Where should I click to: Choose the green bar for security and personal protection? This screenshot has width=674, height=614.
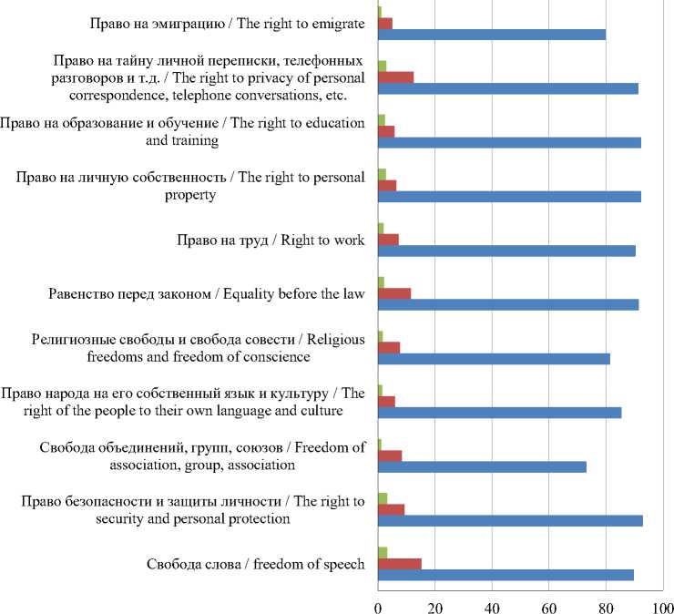(383, 498)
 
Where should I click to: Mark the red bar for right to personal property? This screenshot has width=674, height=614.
(387, 185)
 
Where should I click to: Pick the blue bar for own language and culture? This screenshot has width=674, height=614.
(499, 413)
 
